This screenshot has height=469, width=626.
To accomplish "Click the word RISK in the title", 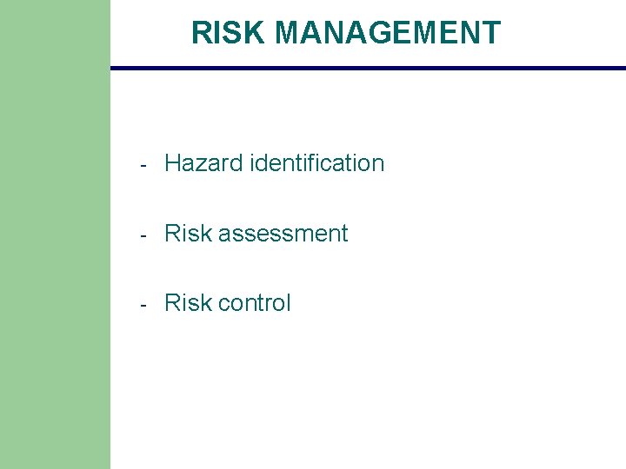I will click(x=229, y=33).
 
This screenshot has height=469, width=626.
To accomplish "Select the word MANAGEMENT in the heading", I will click(x=388, y=33).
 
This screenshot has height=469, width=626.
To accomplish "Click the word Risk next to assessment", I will click(x=188, y=234).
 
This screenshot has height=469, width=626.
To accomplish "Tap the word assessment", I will click(x=283, y=234).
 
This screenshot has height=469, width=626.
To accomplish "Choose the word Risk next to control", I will click(x=188, y=303).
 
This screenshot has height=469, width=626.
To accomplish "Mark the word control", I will click(x=255, y=303).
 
